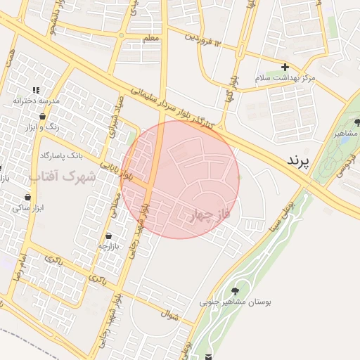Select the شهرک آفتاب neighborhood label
[64, 176]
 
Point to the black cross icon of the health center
[285, 66]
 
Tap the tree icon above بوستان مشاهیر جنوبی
[234, 291]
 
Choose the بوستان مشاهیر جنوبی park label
[235, 302]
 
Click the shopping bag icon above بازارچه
[109, 236]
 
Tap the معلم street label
[150, 38]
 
